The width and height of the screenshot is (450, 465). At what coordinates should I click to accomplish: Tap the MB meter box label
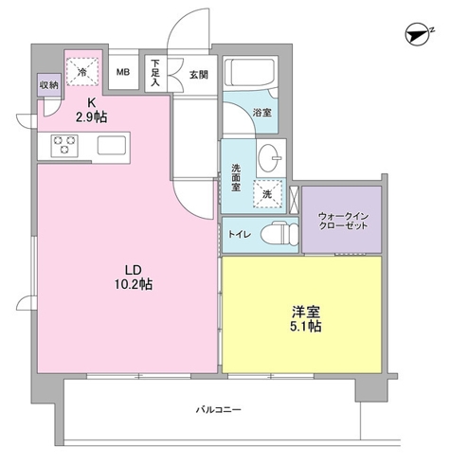tap(123, 72)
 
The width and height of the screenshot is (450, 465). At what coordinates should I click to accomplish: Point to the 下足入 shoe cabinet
tap(154, 73)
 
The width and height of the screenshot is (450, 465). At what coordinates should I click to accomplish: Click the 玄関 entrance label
tap(197, 74)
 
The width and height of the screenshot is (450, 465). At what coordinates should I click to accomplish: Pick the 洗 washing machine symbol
tap(267, 193)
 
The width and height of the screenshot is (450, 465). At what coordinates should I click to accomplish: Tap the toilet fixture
tap(275, 234)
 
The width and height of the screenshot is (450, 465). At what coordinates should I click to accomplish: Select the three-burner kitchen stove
tap(65, 145)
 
